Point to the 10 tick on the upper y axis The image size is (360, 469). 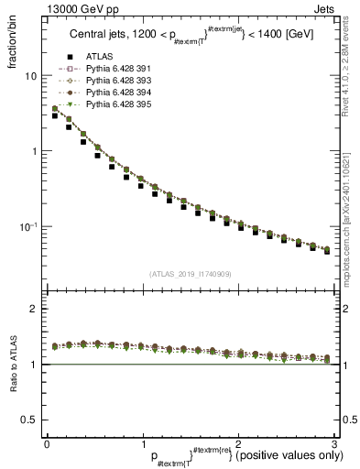[32, 76]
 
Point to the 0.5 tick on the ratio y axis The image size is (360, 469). [30, 420]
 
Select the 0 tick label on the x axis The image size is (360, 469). [46, 443]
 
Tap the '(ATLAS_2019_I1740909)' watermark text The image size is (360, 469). [190, 274]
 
